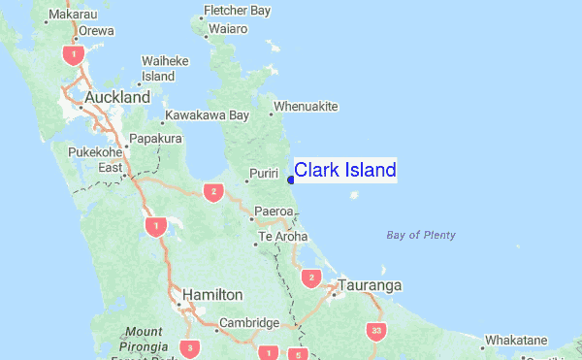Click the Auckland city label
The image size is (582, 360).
tap(117, 98)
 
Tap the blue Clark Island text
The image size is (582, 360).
tap(344, 171)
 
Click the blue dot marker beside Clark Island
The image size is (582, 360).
tap(290, 179)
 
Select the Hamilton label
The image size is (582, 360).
tap(212, 294)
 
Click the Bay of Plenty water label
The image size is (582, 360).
tap(420, 235)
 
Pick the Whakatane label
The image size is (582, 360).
tap(516, 341)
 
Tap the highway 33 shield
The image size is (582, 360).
tap(376, 331)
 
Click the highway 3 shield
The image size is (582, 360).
tap(192, 347)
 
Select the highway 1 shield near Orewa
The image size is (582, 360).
tap(71, 54)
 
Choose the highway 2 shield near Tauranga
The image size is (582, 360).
tap(311, 278)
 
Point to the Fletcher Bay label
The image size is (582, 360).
tap(236, 12)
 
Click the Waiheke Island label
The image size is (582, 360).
tap(158, 68)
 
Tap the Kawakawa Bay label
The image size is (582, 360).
tap(207, 115)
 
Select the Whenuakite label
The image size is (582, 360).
tap(306, 106)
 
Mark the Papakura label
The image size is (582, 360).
tap(156, 139)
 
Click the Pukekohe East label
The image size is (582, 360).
tap(96, 160)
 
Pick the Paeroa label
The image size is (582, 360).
tap(273, 211)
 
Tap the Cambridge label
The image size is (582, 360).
tap(248, 323)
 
